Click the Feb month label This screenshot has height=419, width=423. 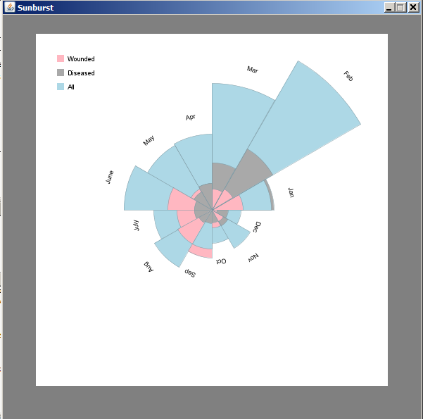tap(348, 76)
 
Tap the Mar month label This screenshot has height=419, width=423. tap(253, 69)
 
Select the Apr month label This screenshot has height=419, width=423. tap(191, 117)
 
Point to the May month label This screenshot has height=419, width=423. tap(149, 141)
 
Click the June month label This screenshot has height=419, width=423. tap(110, 177)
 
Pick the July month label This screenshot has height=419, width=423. tap(137, 225)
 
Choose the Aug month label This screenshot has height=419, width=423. tap(149, 265)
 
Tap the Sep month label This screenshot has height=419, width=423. tap(190, 273)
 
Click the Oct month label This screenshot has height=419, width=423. tap(220, 261)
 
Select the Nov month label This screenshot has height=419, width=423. tap(253, 258)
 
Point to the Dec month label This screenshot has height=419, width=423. tap(257, 227)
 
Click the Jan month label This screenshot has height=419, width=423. tap(291, 192)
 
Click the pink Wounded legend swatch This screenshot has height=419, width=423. tap(61, 59)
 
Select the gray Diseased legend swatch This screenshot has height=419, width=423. tap(61, 73)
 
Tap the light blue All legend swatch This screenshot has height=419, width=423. tap(61, 87)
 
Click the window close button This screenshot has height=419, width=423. tap(413, 7)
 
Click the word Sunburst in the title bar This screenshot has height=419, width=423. tap(35, 7)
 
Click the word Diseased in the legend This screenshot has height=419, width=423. tap(81, 73)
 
